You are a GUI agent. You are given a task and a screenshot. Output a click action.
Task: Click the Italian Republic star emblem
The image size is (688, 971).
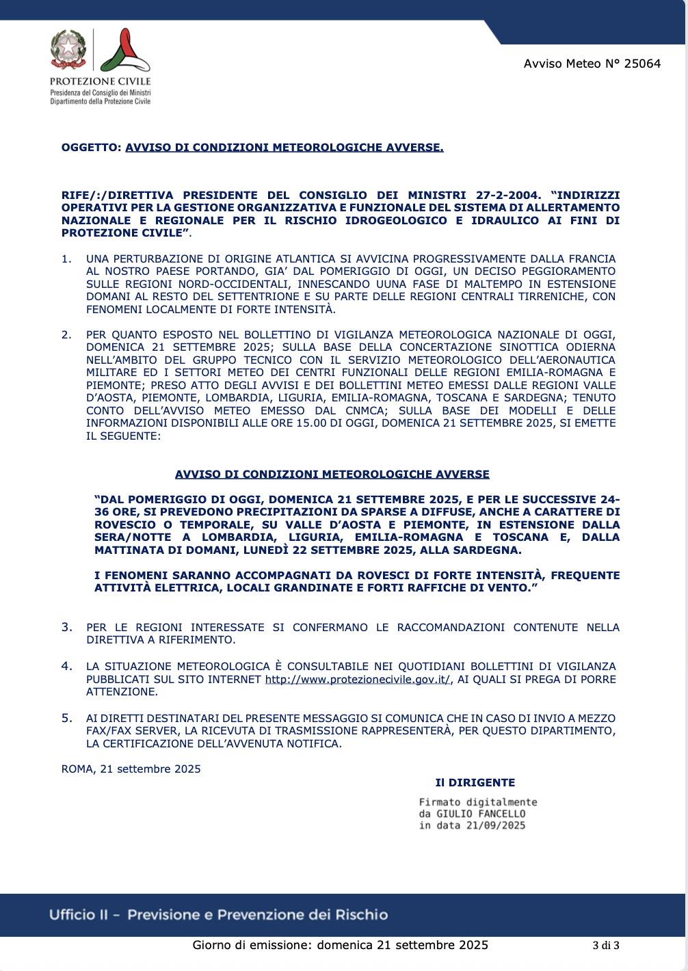(68, 49)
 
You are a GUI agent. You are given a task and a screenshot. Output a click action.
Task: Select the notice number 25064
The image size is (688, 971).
(642, 64)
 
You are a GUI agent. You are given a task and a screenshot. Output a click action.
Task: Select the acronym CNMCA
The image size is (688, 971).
(365, 411)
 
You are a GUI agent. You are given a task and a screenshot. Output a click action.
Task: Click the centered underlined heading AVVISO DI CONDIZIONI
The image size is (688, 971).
(332, 475)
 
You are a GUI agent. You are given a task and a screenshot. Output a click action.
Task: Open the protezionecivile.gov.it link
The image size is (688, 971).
(358, 680)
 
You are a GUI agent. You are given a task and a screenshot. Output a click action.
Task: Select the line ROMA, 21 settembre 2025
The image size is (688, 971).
(131, 769)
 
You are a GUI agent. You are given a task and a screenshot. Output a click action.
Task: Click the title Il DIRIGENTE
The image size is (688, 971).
(475, 783)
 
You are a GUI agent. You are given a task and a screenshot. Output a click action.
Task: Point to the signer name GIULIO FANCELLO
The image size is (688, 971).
(481, 814)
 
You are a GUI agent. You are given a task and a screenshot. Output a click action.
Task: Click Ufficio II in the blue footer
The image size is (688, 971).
(79, 915)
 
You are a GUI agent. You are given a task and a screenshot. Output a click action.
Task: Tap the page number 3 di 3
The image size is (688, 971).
(606, 946)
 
